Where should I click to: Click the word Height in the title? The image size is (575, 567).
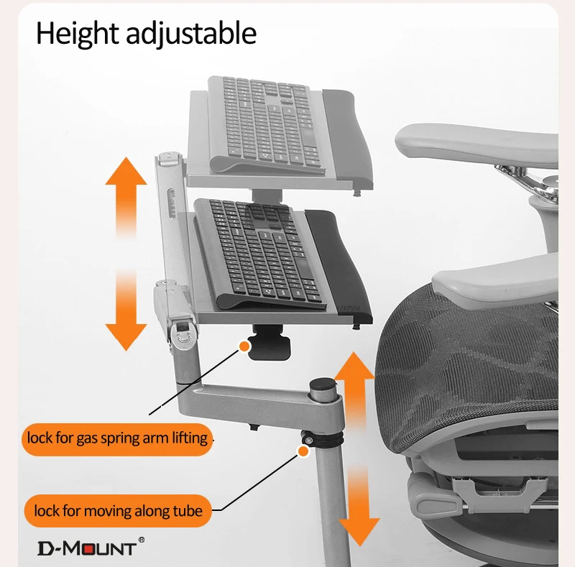(78, 34)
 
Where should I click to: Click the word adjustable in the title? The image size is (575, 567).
(191, 34)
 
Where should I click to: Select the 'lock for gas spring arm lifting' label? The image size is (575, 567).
(117, 438)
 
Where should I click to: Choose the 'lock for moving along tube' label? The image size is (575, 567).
(118, 510)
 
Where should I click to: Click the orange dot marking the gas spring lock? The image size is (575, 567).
(244, 346)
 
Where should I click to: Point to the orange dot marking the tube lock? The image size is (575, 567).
(303, 451)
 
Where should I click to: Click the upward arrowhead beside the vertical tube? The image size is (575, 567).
(354, 365)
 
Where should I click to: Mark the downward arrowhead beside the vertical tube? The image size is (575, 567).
(359, 532)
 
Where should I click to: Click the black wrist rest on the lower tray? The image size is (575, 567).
(338, 264)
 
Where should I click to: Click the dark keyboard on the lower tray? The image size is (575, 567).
(259, 252)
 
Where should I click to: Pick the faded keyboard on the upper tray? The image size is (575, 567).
(266, 124)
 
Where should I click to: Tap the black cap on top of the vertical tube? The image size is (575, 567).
(323, 384)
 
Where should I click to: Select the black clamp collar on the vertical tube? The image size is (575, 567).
(323, 438)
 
